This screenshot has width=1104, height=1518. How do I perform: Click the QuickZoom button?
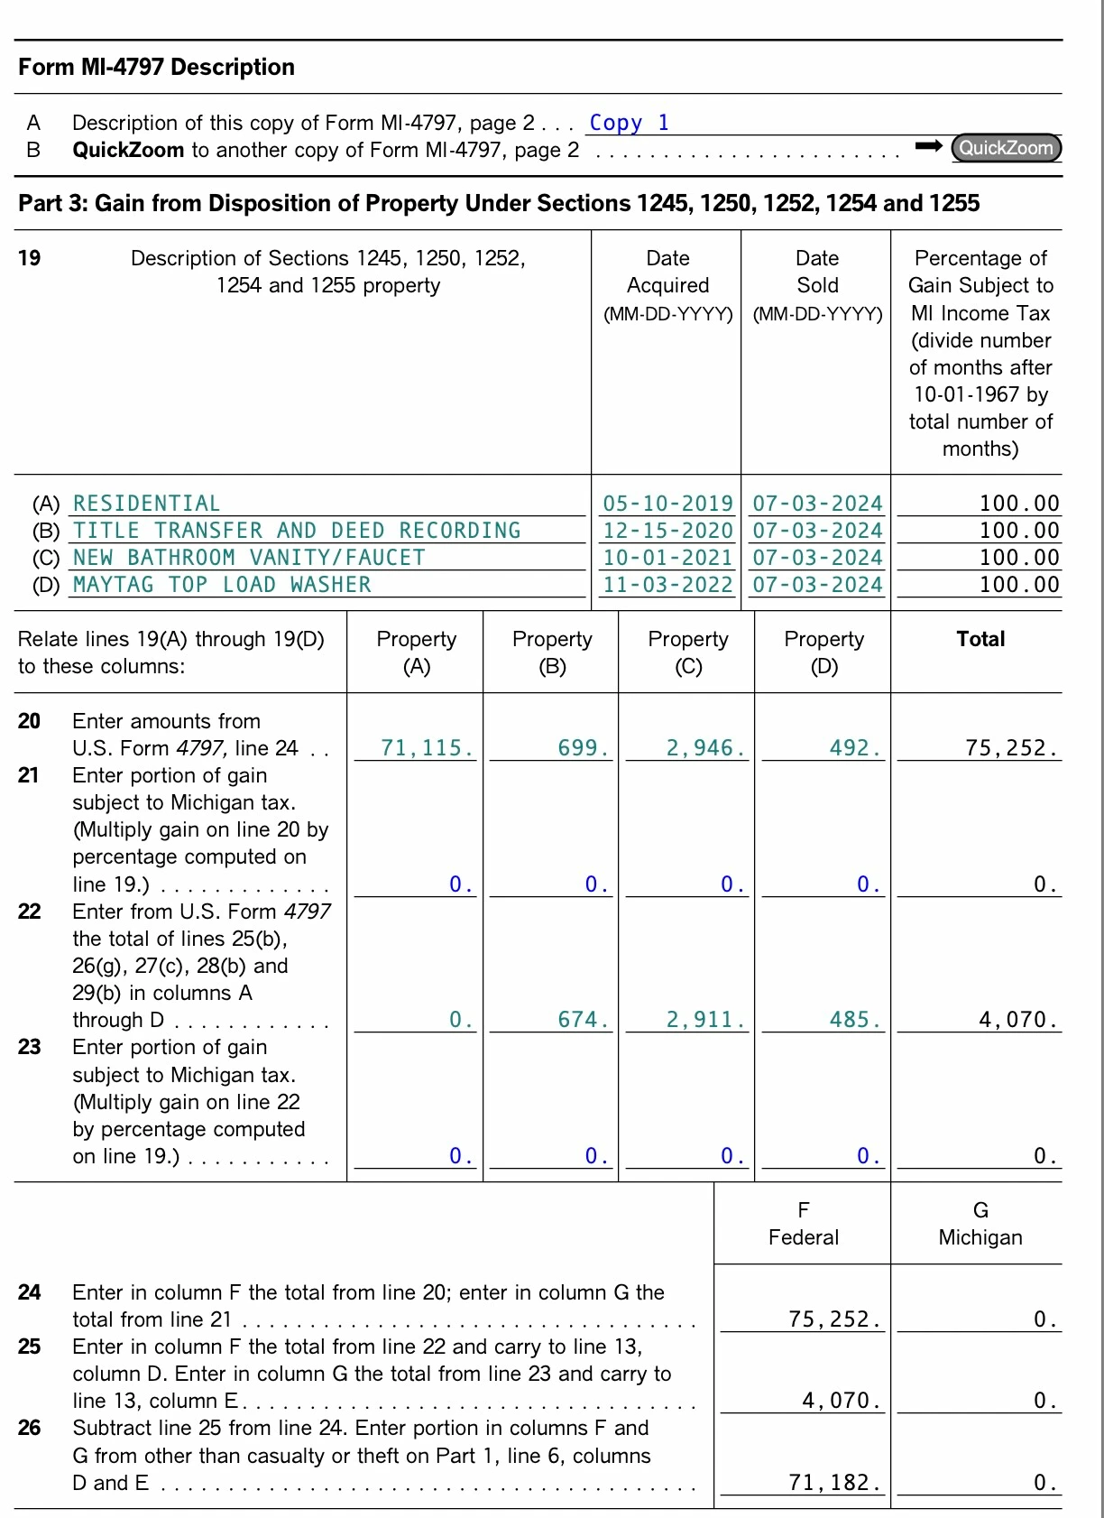pyautogui.click(x=1006, y=148)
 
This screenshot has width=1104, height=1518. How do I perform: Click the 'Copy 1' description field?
pyautogui.click(x=629, y=123)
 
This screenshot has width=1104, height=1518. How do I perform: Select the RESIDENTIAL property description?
pyautogui.click(x=146, y=504)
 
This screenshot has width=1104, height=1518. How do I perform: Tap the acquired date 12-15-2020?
pyautogui.click(x=667, y=531)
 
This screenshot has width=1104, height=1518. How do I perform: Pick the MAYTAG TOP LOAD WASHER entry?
pyautogui.click(x=222, y=585)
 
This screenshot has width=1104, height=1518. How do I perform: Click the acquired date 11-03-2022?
pyautogui.click(x=667, y=585)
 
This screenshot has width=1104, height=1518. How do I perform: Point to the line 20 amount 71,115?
pyautogui.click(x=427, y=748)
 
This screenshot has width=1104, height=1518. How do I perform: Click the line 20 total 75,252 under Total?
pyautogui.click(x=1010, y=748)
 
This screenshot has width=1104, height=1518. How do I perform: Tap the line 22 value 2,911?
pyautogui.click(x=705, y=1020)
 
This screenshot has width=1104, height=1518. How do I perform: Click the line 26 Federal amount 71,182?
pyautogui.click(x=833, y=1483)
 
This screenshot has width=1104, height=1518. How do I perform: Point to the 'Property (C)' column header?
pyautogui.click(x=688, y=653)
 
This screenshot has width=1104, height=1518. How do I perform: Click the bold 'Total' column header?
pyautogui.click(x=980, y=639)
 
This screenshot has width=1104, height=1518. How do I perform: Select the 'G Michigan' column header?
pyautogui.click(x=980, y=1224)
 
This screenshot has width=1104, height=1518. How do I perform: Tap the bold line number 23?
pyautogui.click(x=30, y=1047)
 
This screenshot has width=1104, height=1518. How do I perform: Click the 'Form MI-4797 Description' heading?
pyautogui.click(x=156, y=68)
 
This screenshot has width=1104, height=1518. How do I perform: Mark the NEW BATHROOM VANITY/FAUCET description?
pyautogui.click(x=249, y=558)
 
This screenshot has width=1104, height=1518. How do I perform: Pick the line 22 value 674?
pyautogui.click(x=583, y=1020)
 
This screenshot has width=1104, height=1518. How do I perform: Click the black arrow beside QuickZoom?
pyautogui.click(x=928, y=146)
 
